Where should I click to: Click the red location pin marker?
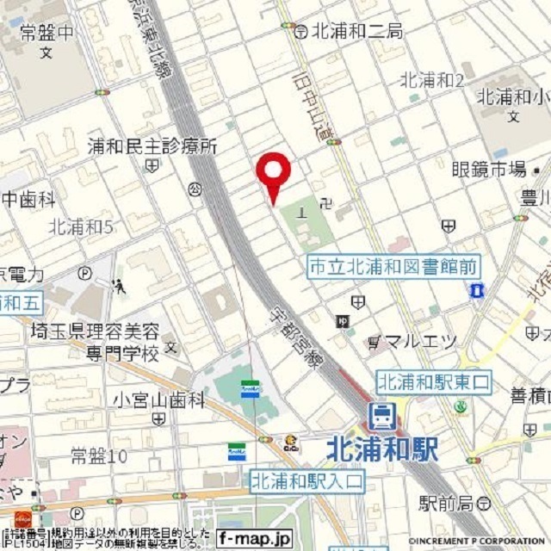tap(274, 172)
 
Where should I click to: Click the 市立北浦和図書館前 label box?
tap(393, 268)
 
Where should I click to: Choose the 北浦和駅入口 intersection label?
tap(307, 481)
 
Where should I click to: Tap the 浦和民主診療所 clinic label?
tap(152, 146)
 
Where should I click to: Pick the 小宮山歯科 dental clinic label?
tap(158, 399)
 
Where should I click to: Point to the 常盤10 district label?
tap(98, 455)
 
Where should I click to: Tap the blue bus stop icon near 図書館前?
tap(476, 292)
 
